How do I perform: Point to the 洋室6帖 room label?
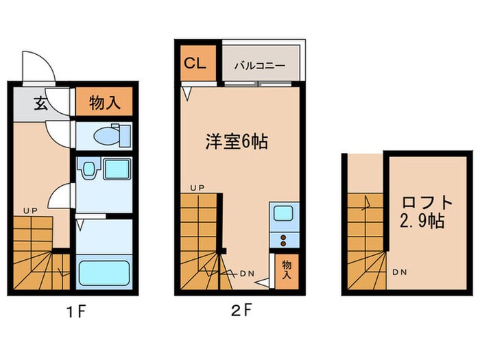pyautogui.click(x=237, y=142)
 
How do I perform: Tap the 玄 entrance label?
pyautogui.click(x=41, y=104)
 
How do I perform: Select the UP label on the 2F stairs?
pyautogui.click(x=197, y=187)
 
